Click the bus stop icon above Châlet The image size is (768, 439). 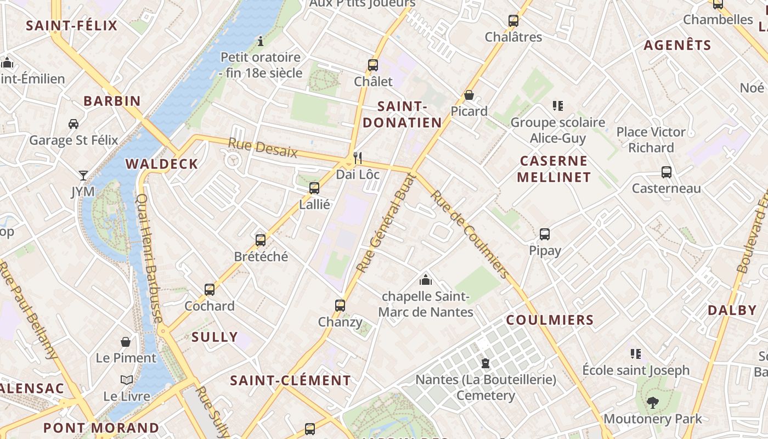[x=373, y=65]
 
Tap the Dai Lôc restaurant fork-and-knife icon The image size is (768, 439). [x=358, y=158]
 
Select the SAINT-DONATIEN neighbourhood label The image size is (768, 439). [x=402, y=114]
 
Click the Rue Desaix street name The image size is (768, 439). [x=262, y=148]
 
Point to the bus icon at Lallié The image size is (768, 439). [x=314, y=188]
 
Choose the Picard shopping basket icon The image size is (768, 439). [x=469, y=95]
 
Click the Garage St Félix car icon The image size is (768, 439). [x=74, y=123]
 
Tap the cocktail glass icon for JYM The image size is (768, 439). [x=83, y=176]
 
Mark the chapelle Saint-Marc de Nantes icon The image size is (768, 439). [x=426, y=280]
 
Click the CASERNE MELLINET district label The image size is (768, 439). [x=554, y=169]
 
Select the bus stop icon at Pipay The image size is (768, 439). [x=545, y=234]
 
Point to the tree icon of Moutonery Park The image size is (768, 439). [x=652, y=403]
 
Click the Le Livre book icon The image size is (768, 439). [x=127, y=380]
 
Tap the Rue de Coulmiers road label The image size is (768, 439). [x=470, y=234]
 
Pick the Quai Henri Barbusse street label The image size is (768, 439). [x=149, y=258]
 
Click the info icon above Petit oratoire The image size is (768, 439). [x=261, y=41]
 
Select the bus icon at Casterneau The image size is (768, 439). [x=667, y=172]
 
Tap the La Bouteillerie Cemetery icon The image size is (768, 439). [x=485, y=363]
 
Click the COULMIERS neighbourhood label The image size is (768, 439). [x=550, y=320]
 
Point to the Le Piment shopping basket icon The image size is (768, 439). [x=126, y=342]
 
